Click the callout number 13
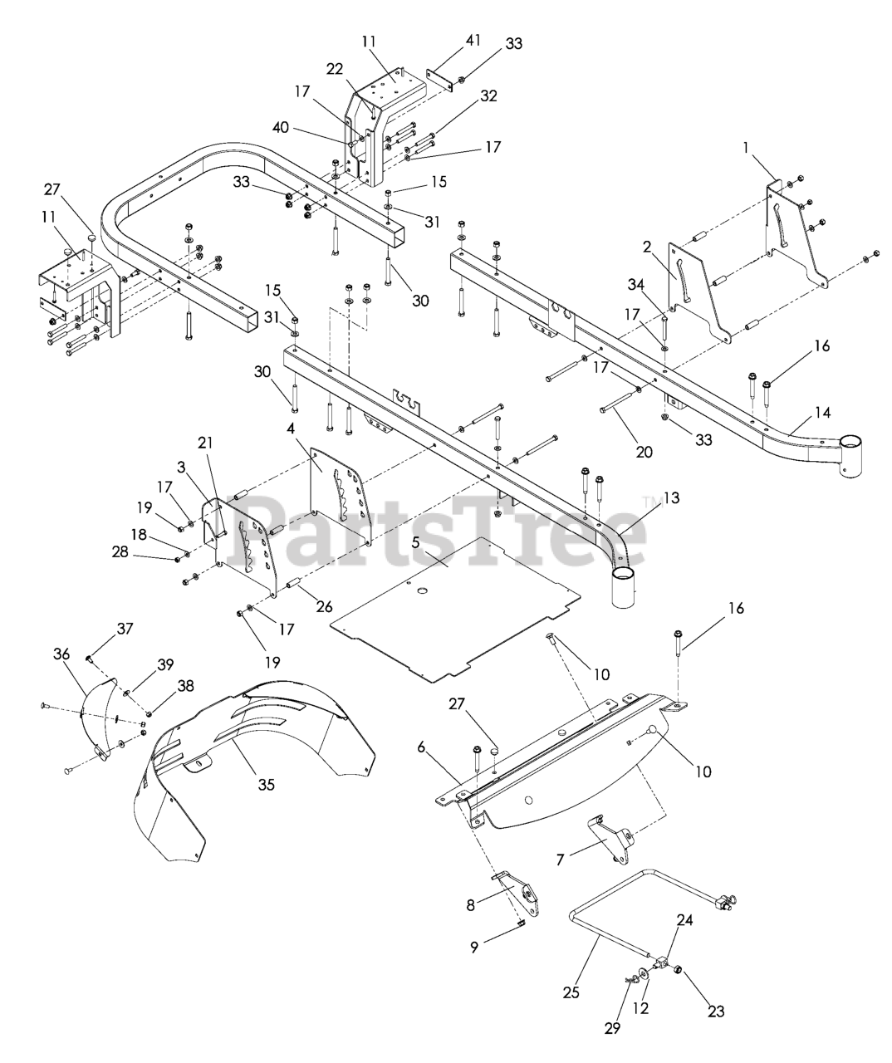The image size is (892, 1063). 671,498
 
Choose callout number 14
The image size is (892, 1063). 822,412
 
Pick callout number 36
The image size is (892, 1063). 61,655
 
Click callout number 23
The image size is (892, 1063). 716,1012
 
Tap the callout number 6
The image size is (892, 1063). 421,748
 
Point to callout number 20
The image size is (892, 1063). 644,452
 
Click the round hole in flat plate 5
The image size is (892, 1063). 421,590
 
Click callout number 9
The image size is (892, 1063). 474,946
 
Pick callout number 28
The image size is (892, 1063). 120,552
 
